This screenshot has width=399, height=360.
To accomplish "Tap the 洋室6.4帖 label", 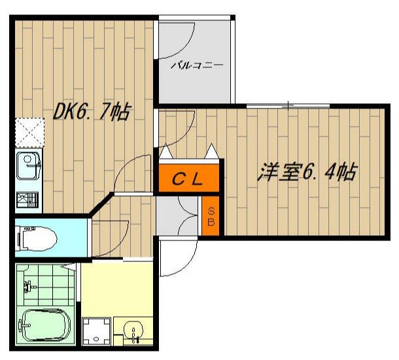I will coord(307,172).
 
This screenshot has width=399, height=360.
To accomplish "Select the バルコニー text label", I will coord(198,65).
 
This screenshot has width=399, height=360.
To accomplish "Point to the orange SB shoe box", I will coord(211,216).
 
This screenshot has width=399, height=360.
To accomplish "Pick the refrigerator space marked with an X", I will coord(28,132).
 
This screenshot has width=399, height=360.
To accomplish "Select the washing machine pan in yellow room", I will coord(97,331).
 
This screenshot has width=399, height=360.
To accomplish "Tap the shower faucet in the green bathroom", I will coord(29,285).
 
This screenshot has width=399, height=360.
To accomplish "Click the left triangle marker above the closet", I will coord(166,152).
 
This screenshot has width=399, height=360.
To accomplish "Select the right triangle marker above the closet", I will coord(212,152).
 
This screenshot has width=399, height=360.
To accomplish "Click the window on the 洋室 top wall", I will coord(288,105).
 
